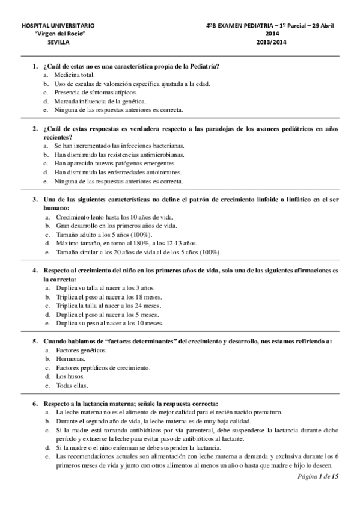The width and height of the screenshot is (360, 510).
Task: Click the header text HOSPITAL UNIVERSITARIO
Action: (x=57, y=27)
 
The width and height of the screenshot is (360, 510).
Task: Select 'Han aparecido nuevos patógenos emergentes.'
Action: (x=115, y=163)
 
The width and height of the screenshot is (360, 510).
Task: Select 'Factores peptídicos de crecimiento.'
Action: (x=103, y=367)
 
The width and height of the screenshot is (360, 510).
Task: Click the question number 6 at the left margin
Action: (x=35, y=403)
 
